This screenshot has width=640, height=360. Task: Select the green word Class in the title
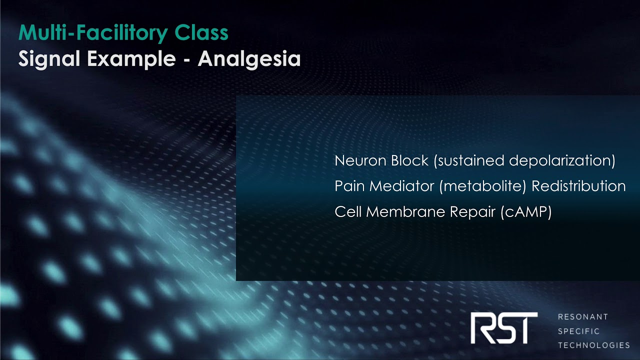(201, 33)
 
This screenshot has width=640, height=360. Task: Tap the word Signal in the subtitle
(49, 59)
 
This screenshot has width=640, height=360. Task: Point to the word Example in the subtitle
(131, 59)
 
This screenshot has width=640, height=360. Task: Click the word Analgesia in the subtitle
(249, 59)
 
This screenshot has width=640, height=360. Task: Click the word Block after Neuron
(410, 160)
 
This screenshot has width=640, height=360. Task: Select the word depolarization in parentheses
(562, 160)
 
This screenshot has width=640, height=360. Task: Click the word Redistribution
(578, 186)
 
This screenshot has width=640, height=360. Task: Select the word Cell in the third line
(348, 211)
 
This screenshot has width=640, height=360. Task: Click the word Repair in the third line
(473, 211)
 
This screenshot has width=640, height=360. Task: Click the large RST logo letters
(504, 328)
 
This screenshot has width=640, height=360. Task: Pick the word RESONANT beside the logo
(583, 317)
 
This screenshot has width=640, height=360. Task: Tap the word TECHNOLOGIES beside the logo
(594, 345)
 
